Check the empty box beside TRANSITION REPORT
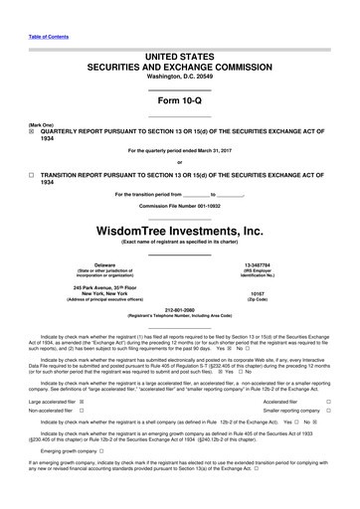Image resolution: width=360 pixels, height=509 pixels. pos(31,173)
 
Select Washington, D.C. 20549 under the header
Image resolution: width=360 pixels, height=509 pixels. pos(180,76)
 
